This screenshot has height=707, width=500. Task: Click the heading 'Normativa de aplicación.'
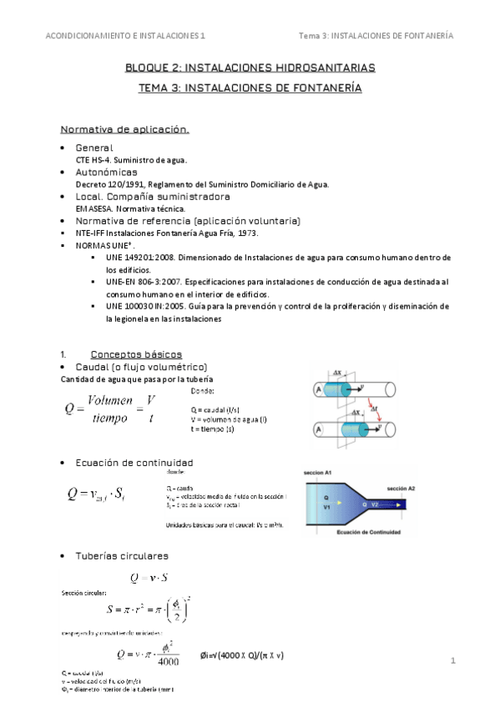point(125,130)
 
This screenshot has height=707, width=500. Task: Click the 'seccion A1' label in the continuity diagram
point(317,472)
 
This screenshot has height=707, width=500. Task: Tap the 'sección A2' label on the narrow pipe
point(402,488)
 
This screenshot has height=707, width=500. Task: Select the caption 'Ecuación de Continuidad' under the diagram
point(368,531)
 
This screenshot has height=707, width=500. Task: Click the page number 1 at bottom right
point(452,662)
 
